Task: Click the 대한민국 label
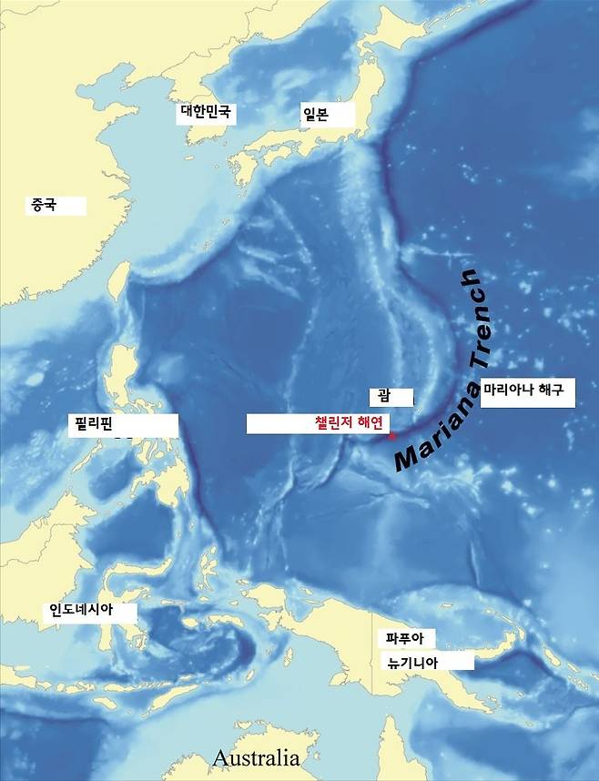tap(207, 113)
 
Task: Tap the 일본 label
tap(315, 113)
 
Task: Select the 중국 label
tap(44, 206)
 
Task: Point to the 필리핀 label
tap(93, 423)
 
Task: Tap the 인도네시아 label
tap(81, 611)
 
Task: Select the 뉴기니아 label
tap(412, 663)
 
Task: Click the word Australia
tap(256, 757)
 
